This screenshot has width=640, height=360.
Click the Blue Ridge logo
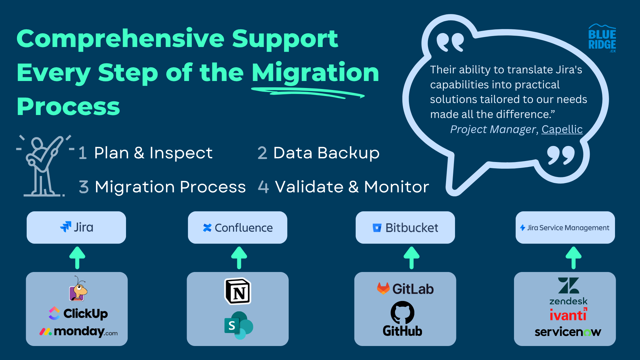[602, 38]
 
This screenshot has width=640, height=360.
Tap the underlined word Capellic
[562, 129]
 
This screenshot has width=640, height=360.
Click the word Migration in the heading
[315, 73]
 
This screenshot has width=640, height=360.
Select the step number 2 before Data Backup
[262, 153]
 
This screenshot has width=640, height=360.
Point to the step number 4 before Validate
[263, 187]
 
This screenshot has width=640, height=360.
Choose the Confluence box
[238, 227]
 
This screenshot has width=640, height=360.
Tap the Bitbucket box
[405, 227]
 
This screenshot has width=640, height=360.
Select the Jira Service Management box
[565, 227]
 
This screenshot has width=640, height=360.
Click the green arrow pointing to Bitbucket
[412, 258]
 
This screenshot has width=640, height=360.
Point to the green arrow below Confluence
[239, 258]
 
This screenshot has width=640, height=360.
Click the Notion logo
[238, 291]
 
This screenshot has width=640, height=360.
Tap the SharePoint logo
[239, 325]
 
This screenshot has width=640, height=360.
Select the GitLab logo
[405, 289]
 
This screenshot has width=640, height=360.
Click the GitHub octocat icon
[402, 313]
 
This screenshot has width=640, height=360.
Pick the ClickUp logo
[78, 313]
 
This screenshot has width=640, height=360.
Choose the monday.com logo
[78, 332]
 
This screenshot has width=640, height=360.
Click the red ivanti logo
[568, 315]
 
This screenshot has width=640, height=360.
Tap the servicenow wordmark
[568, 332]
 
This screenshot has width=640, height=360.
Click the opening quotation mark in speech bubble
[450, 42]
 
